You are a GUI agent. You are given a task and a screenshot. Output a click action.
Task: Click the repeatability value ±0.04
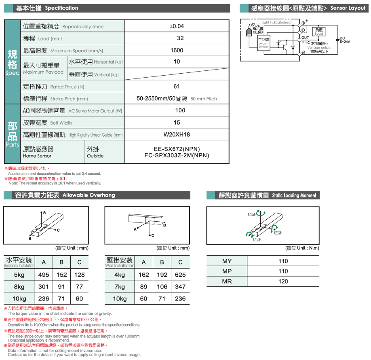[x=177, y=26]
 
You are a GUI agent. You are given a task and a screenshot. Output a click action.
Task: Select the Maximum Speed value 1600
[x=177, y=51]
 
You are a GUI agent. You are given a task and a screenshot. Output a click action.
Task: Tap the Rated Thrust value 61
[x=177, y=87]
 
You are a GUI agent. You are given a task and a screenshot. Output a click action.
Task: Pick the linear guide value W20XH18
[x=177, y=135]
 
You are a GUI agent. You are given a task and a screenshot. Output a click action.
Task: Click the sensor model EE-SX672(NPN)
[x=177, y=149]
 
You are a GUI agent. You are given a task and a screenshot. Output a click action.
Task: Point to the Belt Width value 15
[x=177, y=123]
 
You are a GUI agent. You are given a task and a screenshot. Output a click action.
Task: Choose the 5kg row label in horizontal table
[x=19, y=275]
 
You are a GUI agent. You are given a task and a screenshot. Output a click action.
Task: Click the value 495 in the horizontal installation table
[x=43, y=275]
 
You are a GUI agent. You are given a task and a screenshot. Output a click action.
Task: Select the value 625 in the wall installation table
[x=180, y=275]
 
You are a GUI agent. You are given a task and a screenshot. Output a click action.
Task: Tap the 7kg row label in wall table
[x=120, y=287]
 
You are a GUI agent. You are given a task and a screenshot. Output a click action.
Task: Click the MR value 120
[x=283, y=282]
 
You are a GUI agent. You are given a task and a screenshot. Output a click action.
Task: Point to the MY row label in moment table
[x=227, y=261]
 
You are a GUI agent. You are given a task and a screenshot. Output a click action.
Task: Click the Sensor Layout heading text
[x=348, y=8]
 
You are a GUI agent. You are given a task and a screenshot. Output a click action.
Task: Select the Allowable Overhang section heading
[x=89, y=195]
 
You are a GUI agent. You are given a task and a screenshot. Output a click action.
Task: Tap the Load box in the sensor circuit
[x=319, y=31]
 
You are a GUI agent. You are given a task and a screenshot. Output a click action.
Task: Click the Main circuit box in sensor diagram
[x=263, y=43]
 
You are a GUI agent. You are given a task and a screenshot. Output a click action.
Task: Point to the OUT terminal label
[x=306, y=38]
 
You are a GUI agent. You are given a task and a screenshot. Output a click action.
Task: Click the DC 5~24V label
[x=345, y=40]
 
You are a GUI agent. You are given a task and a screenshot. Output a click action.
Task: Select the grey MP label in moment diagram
[x=277, y=233]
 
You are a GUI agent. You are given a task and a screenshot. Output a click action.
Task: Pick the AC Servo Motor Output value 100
[x=180, y=110]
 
